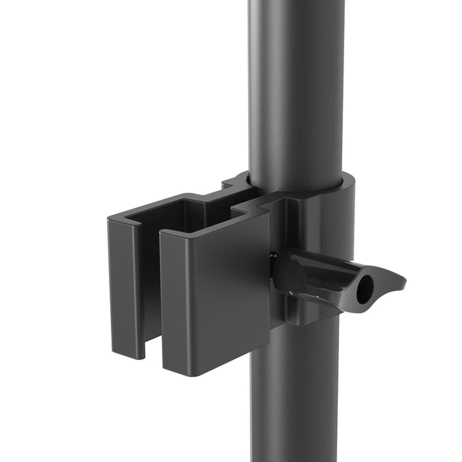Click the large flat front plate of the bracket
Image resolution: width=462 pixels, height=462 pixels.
point(215,296)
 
